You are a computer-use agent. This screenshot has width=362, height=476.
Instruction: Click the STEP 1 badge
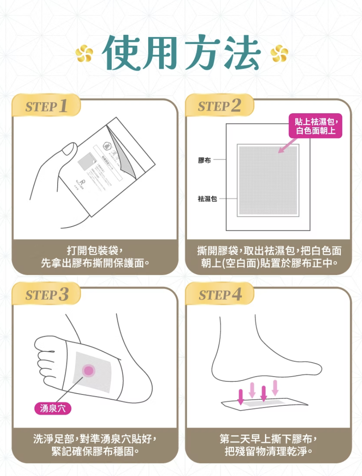click(46, 107)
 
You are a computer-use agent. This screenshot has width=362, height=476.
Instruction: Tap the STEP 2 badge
click(220, 107)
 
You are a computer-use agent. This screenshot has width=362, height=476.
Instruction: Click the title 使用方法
click(181, 53)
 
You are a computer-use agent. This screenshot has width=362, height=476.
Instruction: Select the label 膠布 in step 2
click(204, 160)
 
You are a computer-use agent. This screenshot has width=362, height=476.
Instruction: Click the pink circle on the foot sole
click(88, 370)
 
